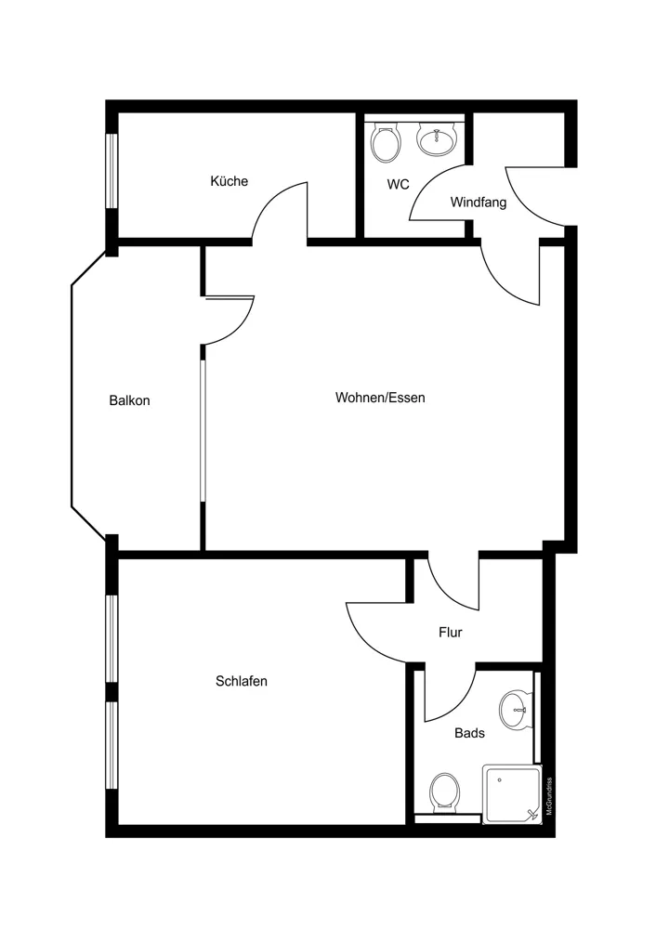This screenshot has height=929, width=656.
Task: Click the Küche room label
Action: coord(229,181)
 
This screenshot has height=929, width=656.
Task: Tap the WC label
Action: coord(399,184)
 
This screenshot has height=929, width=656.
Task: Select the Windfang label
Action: coord(479,202)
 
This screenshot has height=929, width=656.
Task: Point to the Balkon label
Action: coord(129,400)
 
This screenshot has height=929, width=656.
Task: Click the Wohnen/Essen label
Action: coord(380,398)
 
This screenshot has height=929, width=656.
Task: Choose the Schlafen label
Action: coord(242,681)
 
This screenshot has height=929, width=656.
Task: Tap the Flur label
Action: coord(451,632)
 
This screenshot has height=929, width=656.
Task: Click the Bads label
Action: coord(469,733)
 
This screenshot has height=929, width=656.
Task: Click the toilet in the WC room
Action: coord(386,143)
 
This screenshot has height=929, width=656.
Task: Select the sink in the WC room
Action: coord(437,139)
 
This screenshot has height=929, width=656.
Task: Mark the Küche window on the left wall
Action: coord(112,171)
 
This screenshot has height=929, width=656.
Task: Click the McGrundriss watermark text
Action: coord(549,797)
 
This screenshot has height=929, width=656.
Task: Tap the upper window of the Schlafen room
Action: coord(112,639)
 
